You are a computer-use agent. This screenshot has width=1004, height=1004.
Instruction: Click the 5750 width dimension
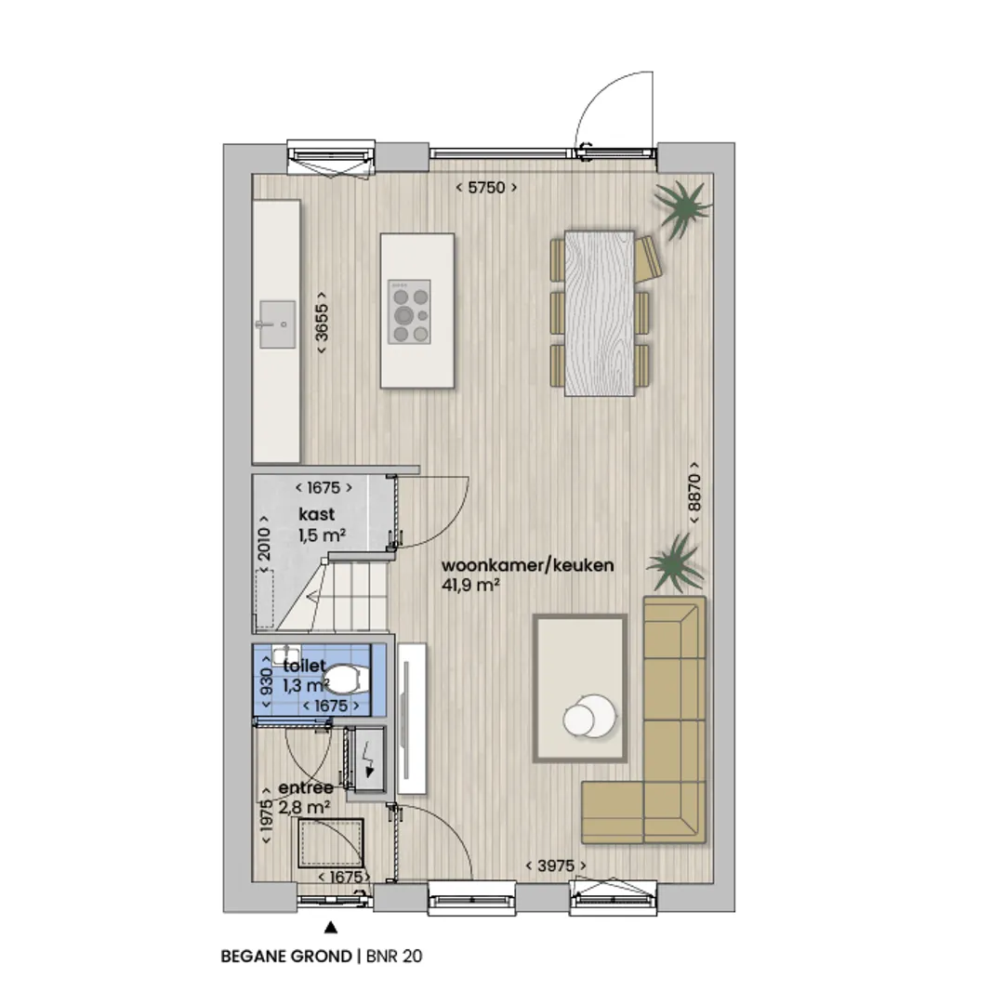(x=486, y=188)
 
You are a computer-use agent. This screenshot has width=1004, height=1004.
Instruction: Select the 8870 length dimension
(x=694, y=493)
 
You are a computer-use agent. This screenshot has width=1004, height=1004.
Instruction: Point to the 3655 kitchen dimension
(x=322, y=322)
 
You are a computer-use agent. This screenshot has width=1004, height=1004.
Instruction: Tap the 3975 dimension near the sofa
(x=556, y=865)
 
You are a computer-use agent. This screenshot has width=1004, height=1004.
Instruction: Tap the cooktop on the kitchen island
(x=410, y=311)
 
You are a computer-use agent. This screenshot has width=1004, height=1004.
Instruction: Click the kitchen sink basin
(x=277, y=324)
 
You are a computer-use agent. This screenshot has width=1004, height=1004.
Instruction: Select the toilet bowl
(x=347, y=679)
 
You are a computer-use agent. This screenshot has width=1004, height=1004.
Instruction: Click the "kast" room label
(x=316, y=514)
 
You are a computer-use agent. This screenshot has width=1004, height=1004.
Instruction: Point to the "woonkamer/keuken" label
(x=528, y=565)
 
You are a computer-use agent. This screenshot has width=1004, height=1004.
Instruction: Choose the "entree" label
(x=306, y=787)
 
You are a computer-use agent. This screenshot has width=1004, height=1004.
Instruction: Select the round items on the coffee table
(x=589, y=716)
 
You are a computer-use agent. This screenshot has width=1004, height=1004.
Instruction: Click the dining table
(x=600, y=313)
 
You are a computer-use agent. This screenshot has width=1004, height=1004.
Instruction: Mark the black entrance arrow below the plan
(x=330, y=927)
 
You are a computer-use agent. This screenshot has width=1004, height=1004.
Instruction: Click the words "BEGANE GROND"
(x=286, y=957)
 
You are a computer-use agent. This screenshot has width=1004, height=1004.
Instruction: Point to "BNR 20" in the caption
(x=394, y=957)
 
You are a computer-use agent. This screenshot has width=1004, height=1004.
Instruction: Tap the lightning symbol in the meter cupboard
(x=368, y=759)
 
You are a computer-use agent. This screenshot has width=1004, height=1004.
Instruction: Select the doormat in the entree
(x=330, y=842)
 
